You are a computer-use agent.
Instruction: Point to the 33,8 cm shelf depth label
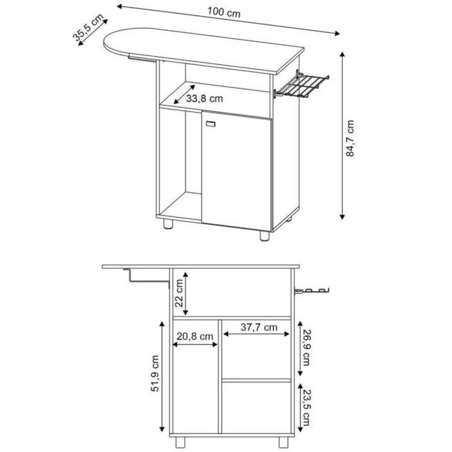(205, 99)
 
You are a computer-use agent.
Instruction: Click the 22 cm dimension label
(180, 292)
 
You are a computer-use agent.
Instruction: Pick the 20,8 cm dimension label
(194, 336)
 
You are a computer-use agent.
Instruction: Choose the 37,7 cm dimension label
(258, 327)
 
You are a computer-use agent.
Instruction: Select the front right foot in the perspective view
(264, 236)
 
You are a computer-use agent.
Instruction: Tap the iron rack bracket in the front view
(311, 291)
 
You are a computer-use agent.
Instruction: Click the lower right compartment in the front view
(257, 407)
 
